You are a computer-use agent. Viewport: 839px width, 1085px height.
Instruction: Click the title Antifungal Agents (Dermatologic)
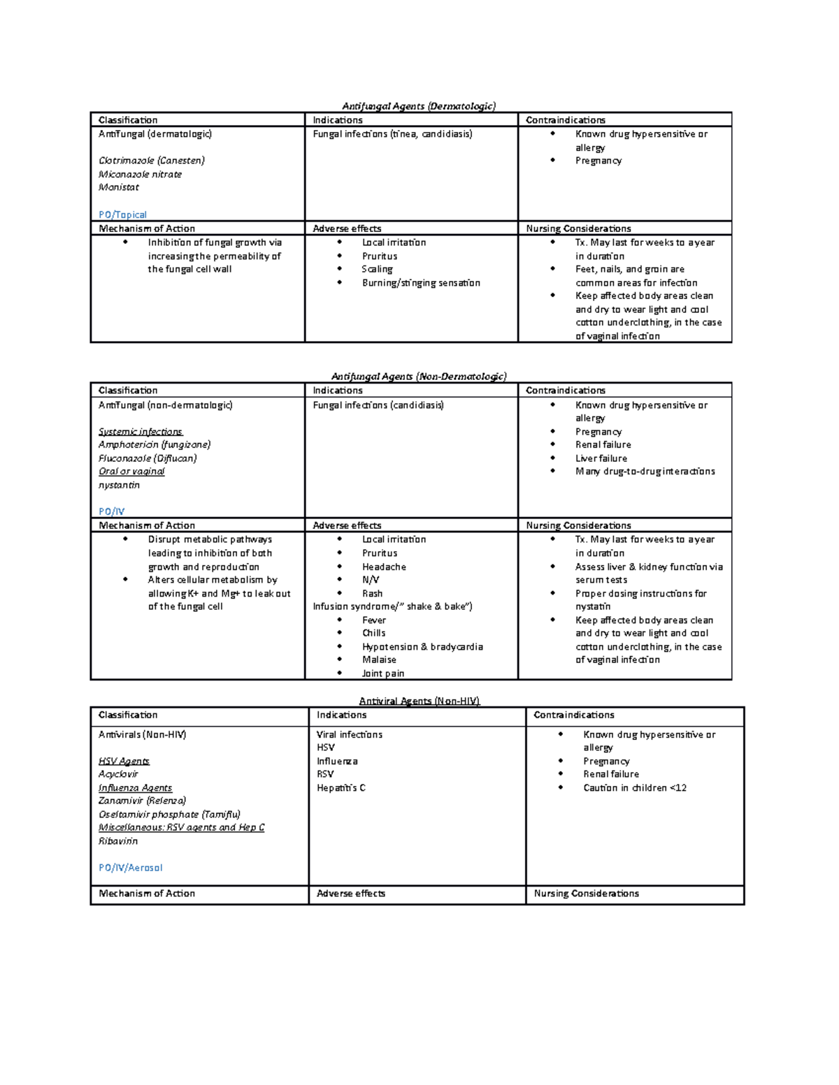(418, 106)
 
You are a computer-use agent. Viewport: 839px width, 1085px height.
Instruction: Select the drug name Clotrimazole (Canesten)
(151, 161)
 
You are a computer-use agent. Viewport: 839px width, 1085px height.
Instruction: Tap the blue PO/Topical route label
(122, 214)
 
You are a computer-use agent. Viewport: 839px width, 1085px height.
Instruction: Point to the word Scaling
(377, 269)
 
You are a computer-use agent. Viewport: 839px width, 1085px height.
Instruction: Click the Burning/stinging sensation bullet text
(421, 283)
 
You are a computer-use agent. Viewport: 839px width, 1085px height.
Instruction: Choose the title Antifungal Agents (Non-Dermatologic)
(418, 377)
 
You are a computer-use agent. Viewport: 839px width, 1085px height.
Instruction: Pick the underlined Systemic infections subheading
(141, 432)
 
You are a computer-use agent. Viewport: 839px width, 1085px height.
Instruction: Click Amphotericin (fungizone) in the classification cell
(155, 444)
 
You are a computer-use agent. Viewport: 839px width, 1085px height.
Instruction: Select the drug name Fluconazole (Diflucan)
(148, 458)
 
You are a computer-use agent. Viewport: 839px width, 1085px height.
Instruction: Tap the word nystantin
(119, 485)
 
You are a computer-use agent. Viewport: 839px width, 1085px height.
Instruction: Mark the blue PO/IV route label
(111, 511)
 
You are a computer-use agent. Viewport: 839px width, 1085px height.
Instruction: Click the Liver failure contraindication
(601, 458)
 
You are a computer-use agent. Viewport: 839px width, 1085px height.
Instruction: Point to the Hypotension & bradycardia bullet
(422, 647)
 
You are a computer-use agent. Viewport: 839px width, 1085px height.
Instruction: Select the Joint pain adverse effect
(383, 673)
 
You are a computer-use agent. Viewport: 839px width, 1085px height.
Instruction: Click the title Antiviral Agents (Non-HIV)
(419, 701)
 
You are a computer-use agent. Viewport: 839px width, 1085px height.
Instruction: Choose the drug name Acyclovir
(118, 774)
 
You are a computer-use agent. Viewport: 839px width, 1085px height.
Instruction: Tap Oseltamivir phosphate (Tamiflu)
(169, 815)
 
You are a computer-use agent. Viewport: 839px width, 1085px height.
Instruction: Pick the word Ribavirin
(118, 841)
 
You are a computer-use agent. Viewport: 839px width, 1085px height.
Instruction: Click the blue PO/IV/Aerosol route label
(130, 868)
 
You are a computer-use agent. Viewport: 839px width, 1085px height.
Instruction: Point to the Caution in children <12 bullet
(635, 788)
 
